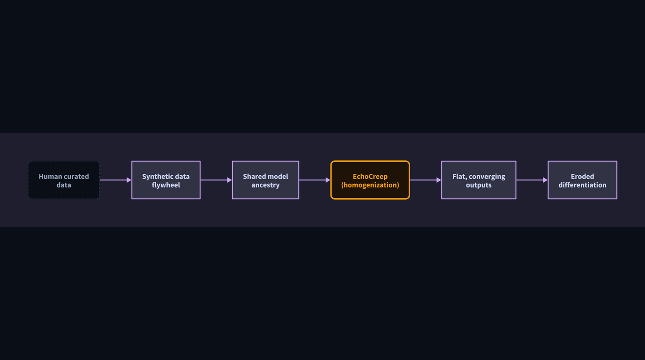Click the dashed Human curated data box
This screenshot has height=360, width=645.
(x=64, y=180)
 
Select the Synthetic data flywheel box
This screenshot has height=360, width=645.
(x=166, y=180)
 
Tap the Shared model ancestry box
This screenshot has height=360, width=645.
(x=265, y=180)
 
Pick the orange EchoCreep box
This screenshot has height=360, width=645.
(x=370, y=180)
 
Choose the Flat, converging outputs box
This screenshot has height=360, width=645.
(x=479, y=180)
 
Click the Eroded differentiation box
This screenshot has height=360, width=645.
(x=582, y=180)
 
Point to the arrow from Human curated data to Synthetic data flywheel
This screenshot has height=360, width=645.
(x=115, y=180)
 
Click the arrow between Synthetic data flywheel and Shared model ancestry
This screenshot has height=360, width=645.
(x=216, y=180)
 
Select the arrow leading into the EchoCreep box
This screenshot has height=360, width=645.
(x=315, y=180)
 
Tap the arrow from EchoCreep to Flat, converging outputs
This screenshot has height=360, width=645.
(x=426, y=180)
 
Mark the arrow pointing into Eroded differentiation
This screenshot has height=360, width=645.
(x=532, y=180)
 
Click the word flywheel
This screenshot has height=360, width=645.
(x=166, y=185)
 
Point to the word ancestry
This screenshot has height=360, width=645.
(x=265, y=185)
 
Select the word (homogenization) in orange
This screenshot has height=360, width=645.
(x=370, y=185)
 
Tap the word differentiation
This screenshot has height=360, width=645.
(x=582, y=185)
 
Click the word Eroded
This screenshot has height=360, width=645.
(x=582, y=176)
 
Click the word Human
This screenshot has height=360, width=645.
(x=51, y=176)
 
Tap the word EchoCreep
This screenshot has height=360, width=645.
(x=370, y=177)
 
